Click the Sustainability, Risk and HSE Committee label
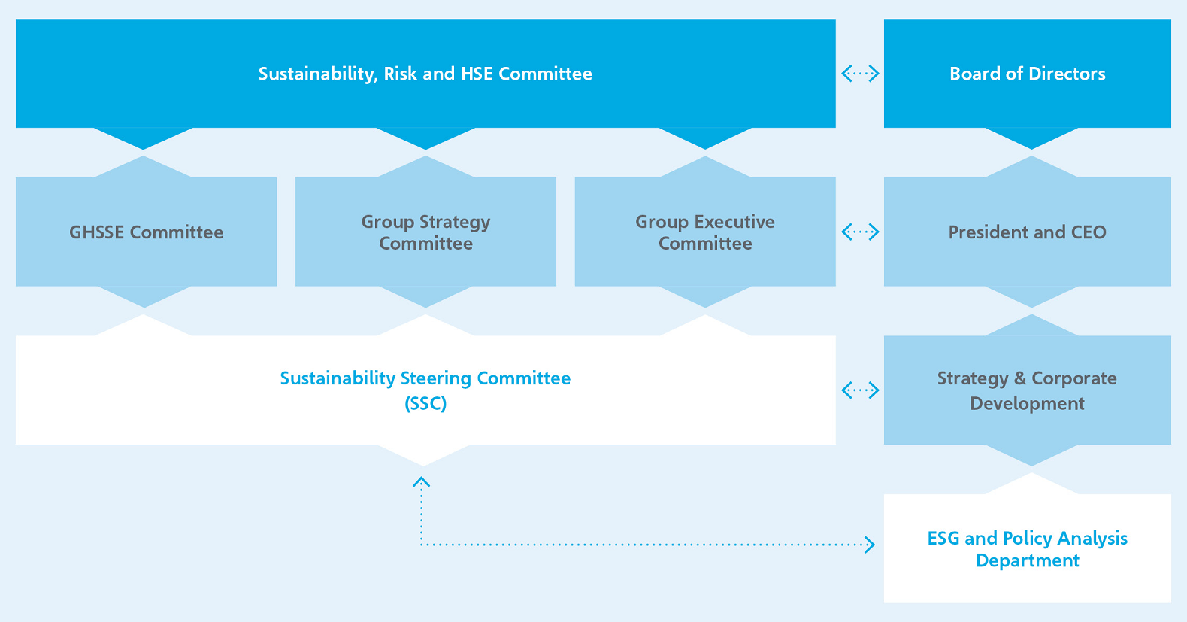click(425, 74)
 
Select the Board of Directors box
click(1027, 74)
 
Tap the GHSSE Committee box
click(147, 232)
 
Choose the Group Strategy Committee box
click(425, 232)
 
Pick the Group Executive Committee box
click(705, 232)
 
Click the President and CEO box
click(1027, 232)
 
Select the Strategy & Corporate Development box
click(1027, 391)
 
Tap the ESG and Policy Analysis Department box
click(1027, 549)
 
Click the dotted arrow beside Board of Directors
click(860, 73)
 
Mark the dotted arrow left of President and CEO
click(860, 232)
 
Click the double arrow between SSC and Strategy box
click(860, 390)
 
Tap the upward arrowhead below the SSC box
click(421, 481)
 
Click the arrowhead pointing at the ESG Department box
click(870, 545)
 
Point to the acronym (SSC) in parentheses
click(425, 404)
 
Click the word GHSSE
click(97, 232)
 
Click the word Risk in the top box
click(400, 74)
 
